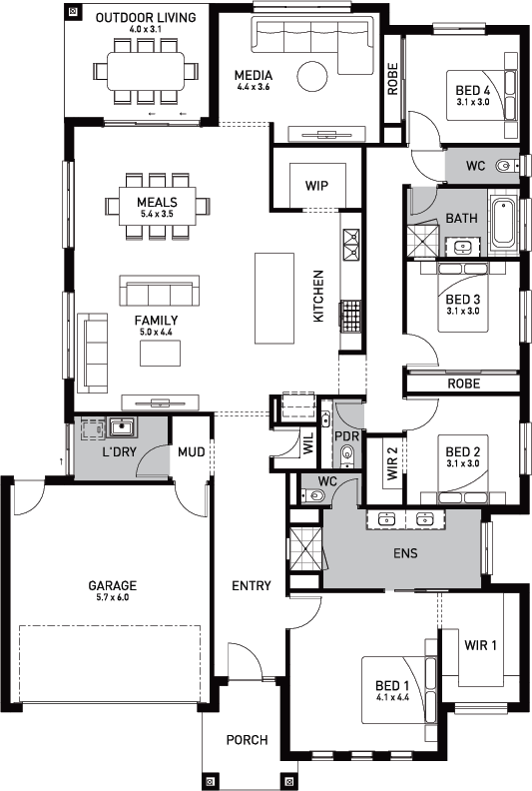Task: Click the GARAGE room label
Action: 113,585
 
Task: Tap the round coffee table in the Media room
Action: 312,76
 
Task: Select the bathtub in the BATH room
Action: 504,223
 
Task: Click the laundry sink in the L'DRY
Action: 122,427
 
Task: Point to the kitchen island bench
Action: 274,299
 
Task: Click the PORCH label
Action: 248,740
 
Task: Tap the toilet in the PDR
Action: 347,454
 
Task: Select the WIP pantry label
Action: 316,185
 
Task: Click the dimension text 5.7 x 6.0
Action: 113,597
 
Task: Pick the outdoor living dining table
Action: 146,71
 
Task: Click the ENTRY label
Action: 252,585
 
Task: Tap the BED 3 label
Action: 463,300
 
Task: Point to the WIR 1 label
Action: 480,645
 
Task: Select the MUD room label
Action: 191,452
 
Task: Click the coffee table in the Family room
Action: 161,354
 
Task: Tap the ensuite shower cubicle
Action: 305,549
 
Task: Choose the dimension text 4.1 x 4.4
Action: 393,698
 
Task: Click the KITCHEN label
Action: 318,296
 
